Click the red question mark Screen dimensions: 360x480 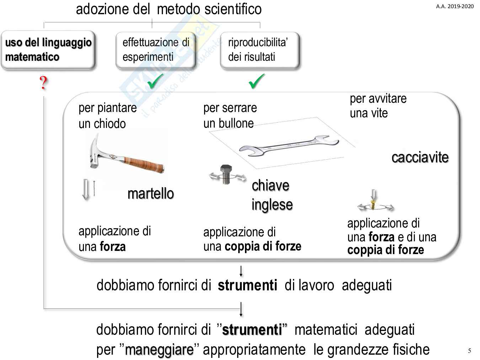[x=43, y=83]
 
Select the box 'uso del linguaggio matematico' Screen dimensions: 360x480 [x=48, y=49]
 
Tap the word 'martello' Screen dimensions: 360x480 [x=151, y=194]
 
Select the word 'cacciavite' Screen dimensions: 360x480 [x=420, y=157]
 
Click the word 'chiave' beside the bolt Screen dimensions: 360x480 [x=270, y=186]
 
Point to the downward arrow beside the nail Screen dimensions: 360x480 [x=86, y=190]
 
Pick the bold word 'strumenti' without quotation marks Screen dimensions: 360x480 [x=247, y=285]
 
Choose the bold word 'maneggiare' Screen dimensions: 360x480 [x=159, y=350]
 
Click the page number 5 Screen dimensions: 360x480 [x=469, y=351]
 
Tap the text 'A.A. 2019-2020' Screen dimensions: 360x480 [x=455, y=6]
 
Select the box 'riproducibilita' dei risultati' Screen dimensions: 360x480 [x=260, y=49]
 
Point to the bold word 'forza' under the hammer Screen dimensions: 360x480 [x=113, y=247]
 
